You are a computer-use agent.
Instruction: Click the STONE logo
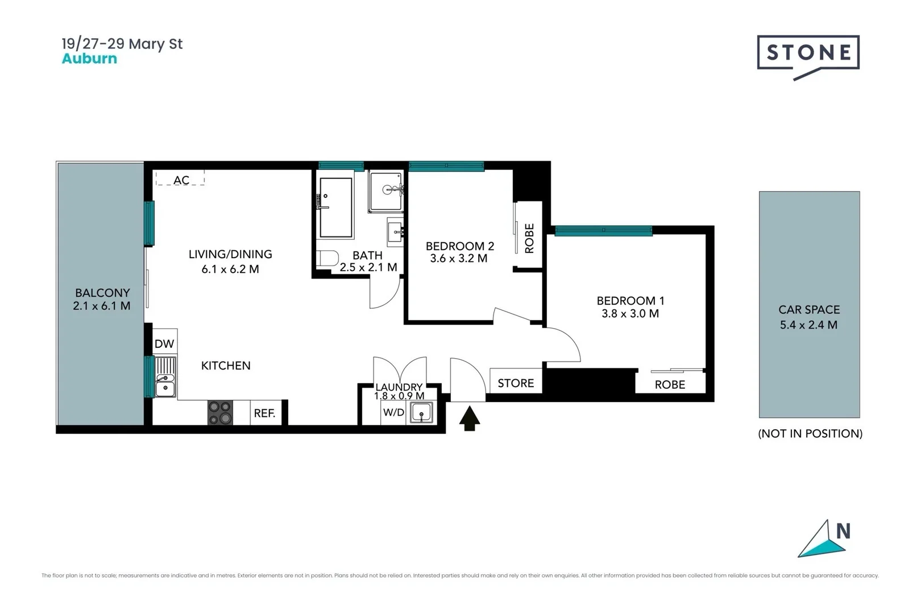808,53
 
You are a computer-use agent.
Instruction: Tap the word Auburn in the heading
89,59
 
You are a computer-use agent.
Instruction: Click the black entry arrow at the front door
470,418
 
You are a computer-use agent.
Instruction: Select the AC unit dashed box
180,179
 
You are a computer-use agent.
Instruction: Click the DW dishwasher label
164,343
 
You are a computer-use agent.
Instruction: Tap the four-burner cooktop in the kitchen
220,413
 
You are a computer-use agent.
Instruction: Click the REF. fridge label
264,413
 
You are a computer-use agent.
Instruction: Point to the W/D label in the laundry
393,412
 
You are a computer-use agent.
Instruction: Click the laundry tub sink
421,413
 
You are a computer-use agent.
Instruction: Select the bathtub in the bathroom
335,208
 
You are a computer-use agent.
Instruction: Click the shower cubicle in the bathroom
386,192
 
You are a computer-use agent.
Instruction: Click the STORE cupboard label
516,383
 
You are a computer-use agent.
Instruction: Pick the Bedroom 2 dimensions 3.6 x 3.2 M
459,259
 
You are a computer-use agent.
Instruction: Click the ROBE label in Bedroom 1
670,385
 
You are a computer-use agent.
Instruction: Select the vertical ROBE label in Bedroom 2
529,238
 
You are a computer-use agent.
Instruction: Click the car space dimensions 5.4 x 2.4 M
808,325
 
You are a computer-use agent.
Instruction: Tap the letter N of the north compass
843,531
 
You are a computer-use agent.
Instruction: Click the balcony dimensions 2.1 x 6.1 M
102,306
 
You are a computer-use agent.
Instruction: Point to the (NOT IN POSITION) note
810,434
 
